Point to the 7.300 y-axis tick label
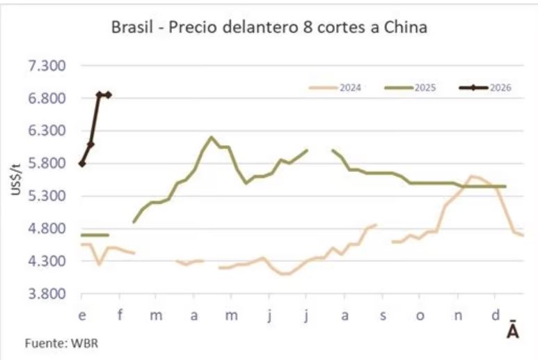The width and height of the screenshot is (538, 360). click(x=45, y=65)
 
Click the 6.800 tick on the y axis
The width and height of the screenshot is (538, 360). click(x=45, y=98)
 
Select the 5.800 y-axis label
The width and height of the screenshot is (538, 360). click(x=45, y=163)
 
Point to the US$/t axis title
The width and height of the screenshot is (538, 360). click(x=16, y=180)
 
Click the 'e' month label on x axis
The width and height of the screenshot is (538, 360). click(x=82, y=315)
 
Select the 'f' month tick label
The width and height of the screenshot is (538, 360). click(x=120, y=315)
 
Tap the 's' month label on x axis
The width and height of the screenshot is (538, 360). click(x=382, y=315)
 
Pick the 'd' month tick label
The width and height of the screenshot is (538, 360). click(x=495, y=315)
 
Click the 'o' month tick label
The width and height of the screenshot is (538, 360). click(x=420, y=315)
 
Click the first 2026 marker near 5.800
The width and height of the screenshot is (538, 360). click(x=82, y=164)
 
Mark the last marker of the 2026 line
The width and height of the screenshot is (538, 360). click(x=109, y=95)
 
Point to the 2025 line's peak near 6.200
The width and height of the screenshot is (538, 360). click(x=211, y=137)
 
